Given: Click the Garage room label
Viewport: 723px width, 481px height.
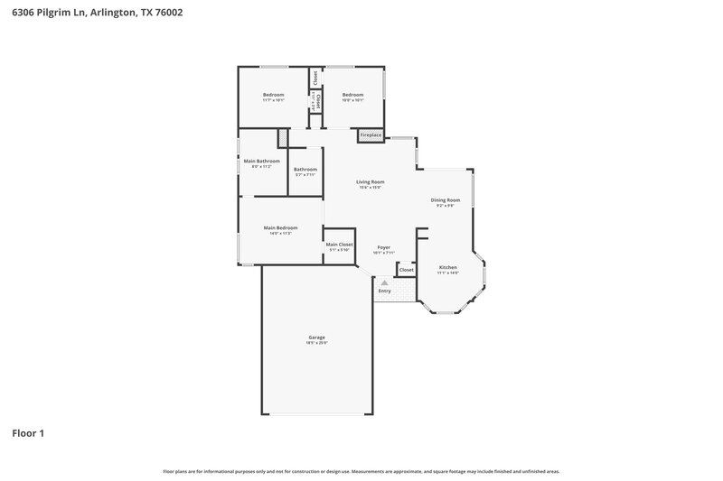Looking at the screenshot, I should (315, 338).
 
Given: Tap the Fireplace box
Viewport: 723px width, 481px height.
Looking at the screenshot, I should (371, 135).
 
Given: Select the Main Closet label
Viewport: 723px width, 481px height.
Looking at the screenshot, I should (339, 245).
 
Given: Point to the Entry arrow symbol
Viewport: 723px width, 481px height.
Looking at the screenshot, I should (384, 282).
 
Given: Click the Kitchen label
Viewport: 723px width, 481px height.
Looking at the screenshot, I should (448, 267).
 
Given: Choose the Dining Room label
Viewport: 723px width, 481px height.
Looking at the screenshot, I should (445, 199).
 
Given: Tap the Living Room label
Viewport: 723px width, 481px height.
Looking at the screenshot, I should (371, 182).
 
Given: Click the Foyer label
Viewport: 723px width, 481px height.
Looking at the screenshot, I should (384, 247).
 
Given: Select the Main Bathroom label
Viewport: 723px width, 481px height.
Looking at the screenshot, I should (261, 161).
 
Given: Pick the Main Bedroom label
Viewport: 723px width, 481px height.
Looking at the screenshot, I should (280, 227).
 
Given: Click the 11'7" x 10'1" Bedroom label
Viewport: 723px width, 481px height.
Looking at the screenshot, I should (274, 95).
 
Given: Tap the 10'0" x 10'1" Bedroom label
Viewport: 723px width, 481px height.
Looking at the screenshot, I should (352, 95).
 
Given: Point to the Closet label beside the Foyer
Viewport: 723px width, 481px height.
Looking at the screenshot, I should (407, 270).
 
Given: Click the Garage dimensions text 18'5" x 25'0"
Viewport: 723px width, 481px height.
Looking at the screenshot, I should (315, 343).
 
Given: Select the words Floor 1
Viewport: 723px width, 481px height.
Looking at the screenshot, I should (28, 433).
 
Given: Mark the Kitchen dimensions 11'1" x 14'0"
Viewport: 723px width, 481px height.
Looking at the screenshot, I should (448, 273).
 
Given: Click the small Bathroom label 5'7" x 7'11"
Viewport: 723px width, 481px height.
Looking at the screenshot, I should (305, 175).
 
